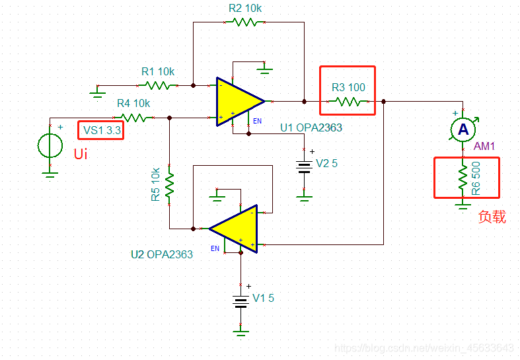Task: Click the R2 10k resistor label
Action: pos(245,8)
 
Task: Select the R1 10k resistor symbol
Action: pos(158,85)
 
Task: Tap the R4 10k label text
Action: pos(133,104)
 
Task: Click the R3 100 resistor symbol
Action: pos(348,102)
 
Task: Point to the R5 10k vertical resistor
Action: pos(170,186)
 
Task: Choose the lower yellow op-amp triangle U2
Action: pos(235,229)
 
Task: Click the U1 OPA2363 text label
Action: pos(311,127)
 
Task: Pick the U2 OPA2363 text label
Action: pos(162,254)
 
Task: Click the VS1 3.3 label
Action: pos(100,130)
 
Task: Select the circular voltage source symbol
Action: pos(50,145)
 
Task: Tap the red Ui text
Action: pos(80,155)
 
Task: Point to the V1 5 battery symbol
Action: pos(241,299)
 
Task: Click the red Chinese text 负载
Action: pos(492,217)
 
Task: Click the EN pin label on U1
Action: pos(258,122)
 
